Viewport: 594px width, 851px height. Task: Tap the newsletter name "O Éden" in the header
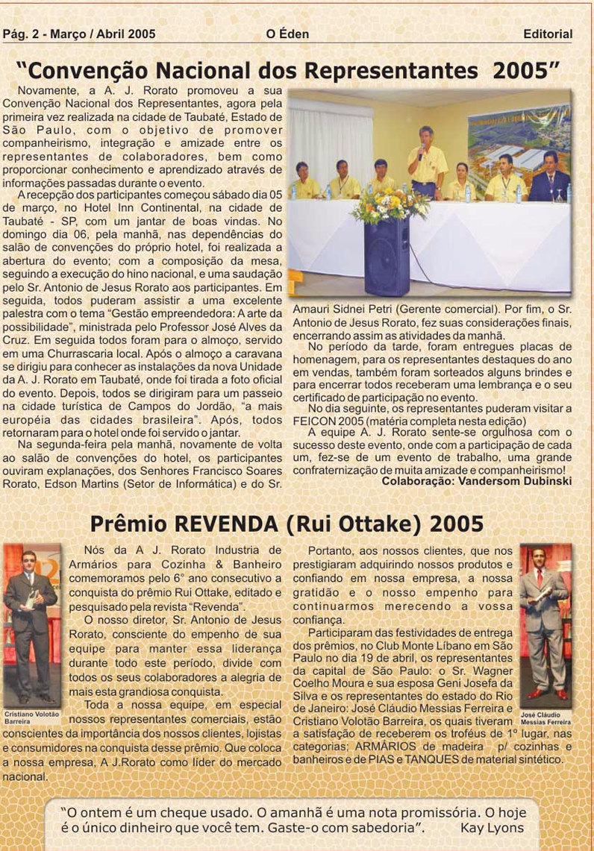point(287,34)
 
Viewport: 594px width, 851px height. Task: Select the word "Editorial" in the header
point(548,34)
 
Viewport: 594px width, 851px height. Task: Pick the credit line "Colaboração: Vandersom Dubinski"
point(477,481)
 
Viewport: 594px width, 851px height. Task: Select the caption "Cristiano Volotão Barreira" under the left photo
point(31,717)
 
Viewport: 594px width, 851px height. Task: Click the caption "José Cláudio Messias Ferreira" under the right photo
point(545,718)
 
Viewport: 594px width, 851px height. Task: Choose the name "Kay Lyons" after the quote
point(492,827)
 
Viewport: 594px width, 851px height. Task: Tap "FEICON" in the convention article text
point(313,421)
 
